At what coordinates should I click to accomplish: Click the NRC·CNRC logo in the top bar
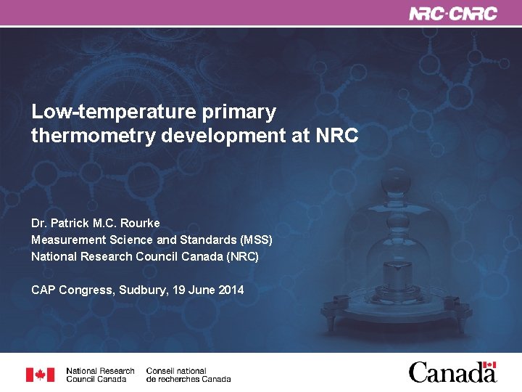pyautogui.click(x=453, y=14)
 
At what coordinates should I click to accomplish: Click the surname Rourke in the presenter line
pyautogui.click(x=137, y=223)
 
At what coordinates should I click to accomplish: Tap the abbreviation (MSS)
pyautogui.click(x=251, y=240)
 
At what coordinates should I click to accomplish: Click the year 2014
pyautogui.click(x=231, y=290)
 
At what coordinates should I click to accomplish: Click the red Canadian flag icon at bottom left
pyautogui.click(x=40, y=375)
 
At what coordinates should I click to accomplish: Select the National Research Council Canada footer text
pyautogui.click(x=100, y=375)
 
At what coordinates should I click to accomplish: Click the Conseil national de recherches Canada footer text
pyautogui.click(x=188, y=375)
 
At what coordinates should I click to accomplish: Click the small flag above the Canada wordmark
pyautogui.click(x=489, y=365)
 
